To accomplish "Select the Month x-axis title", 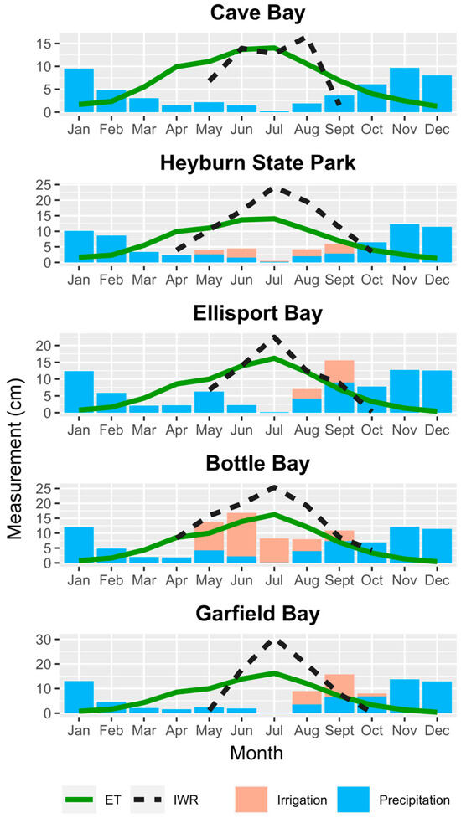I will coord(257,754).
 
